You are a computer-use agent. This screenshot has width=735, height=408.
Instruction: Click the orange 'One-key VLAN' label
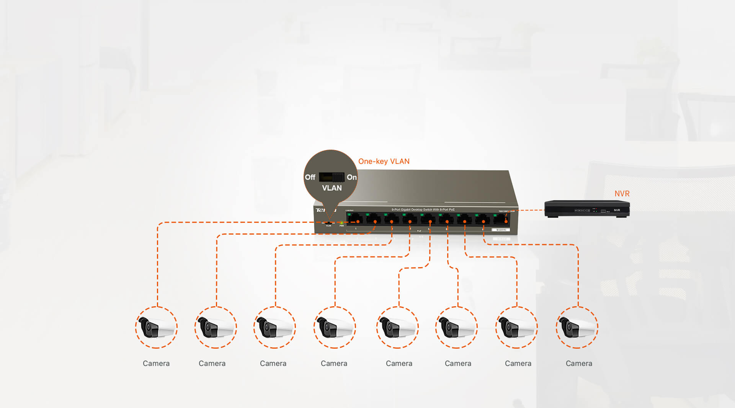click(x=384, y=162)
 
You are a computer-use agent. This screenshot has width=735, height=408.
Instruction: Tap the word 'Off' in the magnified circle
click(x=310, y=177)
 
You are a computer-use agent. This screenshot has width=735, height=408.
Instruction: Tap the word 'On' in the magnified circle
click(x=351, y=177)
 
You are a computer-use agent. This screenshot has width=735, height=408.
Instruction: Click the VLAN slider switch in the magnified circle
click(x=332, y=177)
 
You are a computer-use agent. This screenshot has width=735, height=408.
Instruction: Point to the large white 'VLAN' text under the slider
click(x=332, y=188)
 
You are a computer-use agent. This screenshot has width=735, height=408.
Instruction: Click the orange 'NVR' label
click(x=622, y=194)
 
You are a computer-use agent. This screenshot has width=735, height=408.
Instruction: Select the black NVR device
click(x=587, y=209)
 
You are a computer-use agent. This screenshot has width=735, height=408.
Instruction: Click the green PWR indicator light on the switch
click(x=341, y=222)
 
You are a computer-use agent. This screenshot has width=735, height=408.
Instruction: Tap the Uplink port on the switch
click(x=501, y=219)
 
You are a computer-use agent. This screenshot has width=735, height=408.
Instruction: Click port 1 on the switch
click(x=355, y=219)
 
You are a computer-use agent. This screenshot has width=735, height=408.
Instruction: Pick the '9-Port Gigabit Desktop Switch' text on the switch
click(x=423, y=210)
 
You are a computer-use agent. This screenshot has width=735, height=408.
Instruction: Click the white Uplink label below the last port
click(x=501, y=230)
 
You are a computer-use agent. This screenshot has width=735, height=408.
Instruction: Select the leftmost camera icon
click(x=156, y=327)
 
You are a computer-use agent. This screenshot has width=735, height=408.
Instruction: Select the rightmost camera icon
click(x=577, y=327)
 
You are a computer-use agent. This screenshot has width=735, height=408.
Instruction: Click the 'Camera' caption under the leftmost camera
click(x=156, y=364)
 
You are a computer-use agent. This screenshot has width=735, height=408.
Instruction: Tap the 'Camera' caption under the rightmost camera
click(x=579, y=364)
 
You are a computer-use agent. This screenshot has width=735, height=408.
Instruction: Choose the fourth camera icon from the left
click(x=335, y=327)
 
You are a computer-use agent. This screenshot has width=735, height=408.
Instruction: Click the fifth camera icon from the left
click(x=397, y=327)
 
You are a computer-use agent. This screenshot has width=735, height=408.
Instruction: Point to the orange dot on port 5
click(x=430, y=222)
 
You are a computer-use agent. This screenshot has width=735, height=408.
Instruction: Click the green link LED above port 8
click(x=477, y=215)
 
